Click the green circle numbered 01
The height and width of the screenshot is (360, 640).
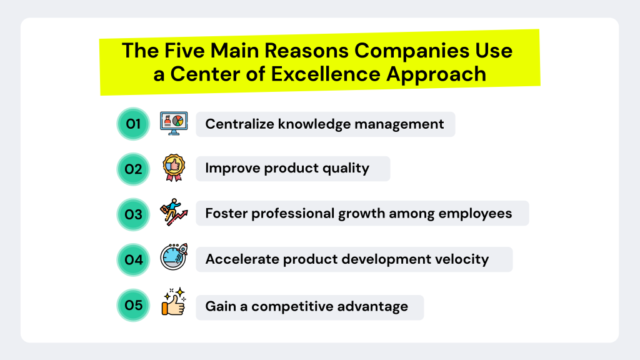[133, 124]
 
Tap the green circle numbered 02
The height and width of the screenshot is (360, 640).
[133, 169]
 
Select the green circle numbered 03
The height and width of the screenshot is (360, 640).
[133, 214]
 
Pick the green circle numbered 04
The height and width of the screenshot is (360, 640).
[133, 259]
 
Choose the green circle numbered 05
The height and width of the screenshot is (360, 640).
[133, 305]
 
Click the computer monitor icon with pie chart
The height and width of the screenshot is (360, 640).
[173, 123]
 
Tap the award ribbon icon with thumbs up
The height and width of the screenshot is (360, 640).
[173, 168]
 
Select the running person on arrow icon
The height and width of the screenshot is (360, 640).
[173, 212]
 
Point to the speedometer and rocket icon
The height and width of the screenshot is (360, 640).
[173, 257]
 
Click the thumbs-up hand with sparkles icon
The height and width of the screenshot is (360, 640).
[173, 302]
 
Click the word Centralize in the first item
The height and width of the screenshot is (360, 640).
[239, 124]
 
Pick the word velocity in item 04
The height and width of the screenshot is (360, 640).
[462, 259]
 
